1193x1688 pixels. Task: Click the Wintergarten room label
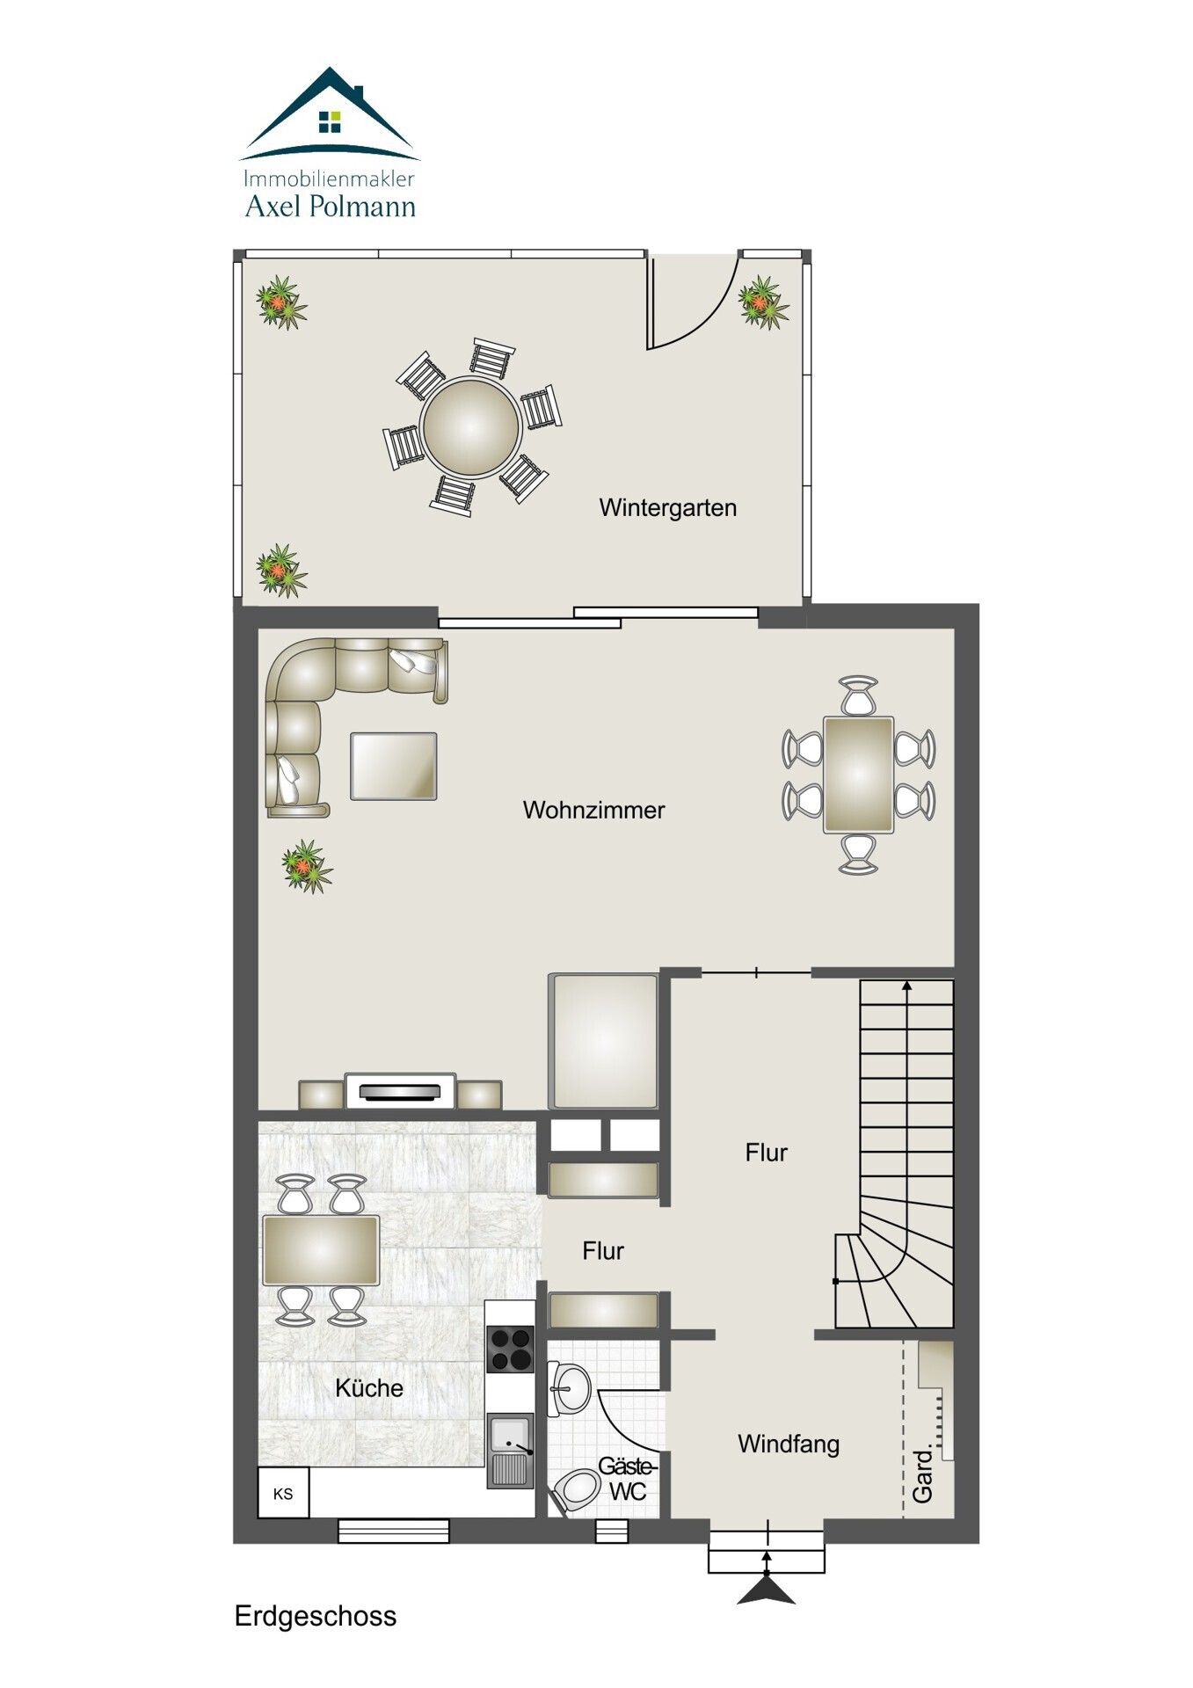(x=667, y=508)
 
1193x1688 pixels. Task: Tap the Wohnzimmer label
(x=593, y=810)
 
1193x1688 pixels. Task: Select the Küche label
(x=369, y=1388)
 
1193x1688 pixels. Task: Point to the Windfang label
(x=789, y=1444)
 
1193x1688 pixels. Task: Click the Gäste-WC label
(x=627, y=1479)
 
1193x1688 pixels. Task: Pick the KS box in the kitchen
(x=283, y=1494)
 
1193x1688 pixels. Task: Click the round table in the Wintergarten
(x=471, y=426)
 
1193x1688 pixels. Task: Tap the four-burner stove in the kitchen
(x=510, y=1349)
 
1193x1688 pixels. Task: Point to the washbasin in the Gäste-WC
(x=568, y=1389)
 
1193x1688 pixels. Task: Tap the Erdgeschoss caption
(x=316, y=1616)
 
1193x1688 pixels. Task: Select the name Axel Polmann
(x=330, y=207)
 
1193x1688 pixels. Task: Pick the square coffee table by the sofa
(x=394, y=767)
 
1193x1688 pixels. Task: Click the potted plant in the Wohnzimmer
(x=307, y=866)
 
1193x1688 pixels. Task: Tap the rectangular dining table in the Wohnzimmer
(x=858, y=775)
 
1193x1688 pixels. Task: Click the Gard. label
(x=922, y=1474)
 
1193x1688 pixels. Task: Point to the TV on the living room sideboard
(x=400, y=1092)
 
